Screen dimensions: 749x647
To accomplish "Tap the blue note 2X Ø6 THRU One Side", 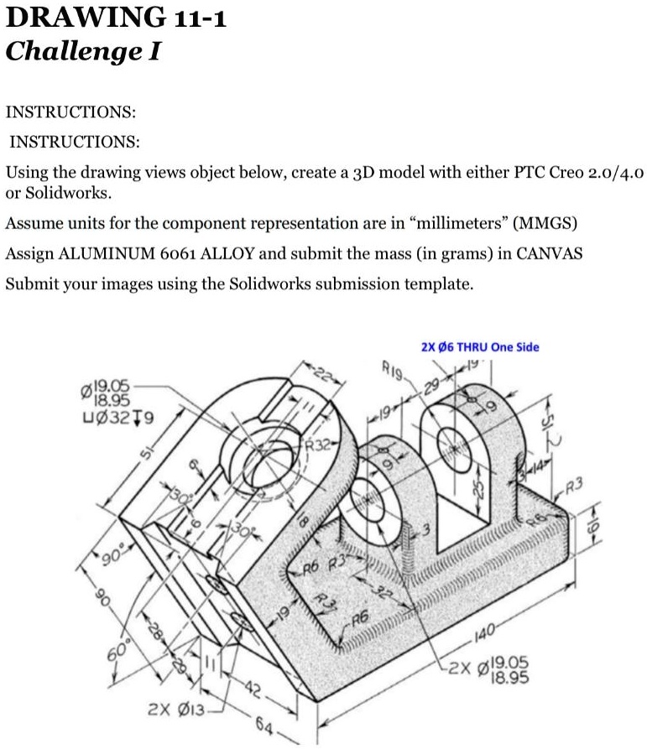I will pos(479,346).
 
